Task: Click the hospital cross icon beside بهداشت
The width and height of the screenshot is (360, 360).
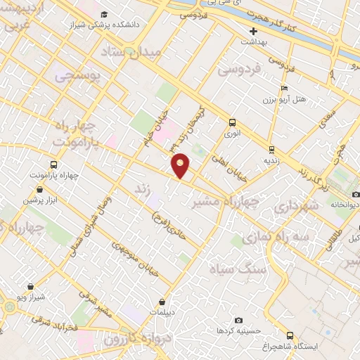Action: [254, 31]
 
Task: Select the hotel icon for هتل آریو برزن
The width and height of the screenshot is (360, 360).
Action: [284, 88]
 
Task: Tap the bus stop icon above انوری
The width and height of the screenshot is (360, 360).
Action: [233, 121]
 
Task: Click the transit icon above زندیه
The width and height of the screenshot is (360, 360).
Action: [271, 149]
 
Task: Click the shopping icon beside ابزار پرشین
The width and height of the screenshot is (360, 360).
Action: [39, 189]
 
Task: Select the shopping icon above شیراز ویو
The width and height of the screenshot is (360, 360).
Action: [32, 286]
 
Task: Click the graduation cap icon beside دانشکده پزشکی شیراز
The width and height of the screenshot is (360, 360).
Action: [104, 15]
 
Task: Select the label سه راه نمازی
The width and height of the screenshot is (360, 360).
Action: [276, 238]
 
